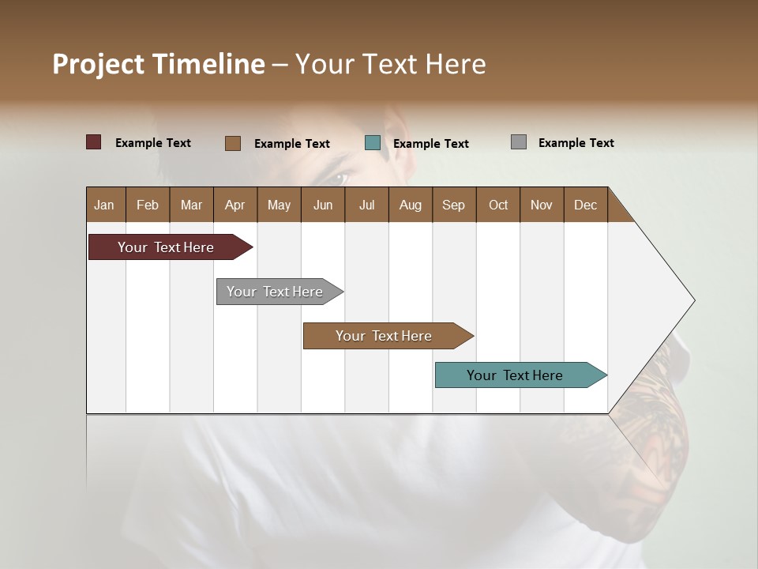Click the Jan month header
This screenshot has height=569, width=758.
coord(104,205)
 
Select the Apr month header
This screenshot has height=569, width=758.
coord(235,205)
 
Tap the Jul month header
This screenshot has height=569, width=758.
coord(366,205)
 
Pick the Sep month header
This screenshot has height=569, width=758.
coord(453,205)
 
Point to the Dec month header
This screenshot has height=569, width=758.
coord(585,205)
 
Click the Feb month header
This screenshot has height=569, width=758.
coord(148,205)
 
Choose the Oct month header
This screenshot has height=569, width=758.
coord(498,205)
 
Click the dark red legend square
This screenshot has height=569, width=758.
coord(94,142)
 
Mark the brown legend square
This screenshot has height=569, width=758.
coord(233,143)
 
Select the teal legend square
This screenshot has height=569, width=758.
coord(373,143)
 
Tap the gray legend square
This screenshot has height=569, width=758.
coord(519,142)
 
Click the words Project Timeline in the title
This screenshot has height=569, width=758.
coord(159,64)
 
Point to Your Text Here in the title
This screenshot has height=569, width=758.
coord(390,64)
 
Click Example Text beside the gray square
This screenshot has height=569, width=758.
coord(576,143)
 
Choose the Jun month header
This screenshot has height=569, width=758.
coord(323,205)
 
